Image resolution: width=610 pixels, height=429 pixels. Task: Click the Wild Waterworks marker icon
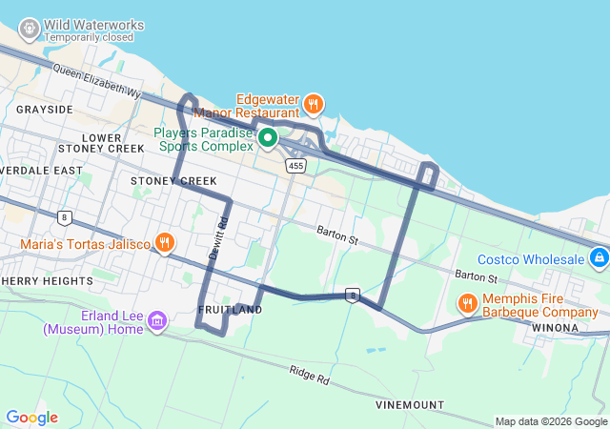click(29, 30)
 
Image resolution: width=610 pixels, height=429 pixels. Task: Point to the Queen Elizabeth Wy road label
click(96, 82)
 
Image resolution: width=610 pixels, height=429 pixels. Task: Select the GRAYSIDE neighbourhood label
click(44, 110)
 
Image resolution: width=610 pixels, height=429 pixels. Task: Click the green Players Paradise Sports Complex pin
click(268, 139)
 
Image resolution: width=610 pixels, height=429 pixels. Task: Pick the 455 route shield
click(296, 166)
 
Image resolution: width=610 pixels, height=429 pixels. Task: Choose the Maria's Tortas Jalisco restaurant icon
click(165, 243)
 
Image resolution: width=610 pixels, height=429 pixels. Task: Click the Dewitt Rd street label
click(219, 236)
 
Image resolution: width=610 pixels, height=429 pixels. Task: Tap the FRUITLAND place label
click(230, 310)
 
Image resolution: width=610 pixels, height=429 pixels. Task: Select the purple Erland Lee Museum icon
click(157, 322)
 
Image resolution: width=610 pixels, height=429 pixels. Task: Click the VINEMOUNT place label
click(409, 405)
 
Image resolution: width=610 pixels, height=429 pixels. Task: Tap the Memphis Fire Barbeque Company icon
click(467, 304)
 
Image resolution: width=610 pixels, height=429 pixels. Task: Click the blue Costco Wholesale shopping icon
click(598, 257)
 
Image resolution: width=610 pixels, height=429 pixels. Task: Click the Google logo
click(31, 418)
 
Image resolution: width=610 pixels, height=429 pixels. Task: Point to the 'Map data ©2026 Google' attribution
click(550, 421)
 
